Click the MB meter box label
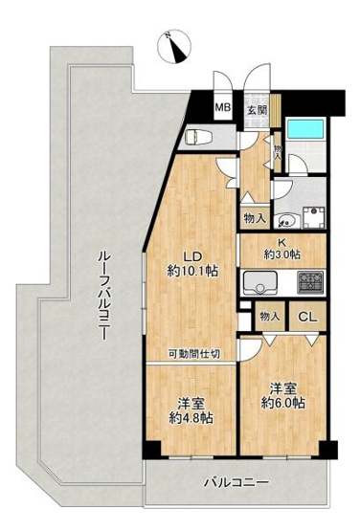tap(222, 109)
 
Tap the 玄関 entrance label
tap(258, 109)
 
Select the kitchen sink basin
tap(259, 282)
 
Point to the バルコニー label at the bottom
tap(236, 482)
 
